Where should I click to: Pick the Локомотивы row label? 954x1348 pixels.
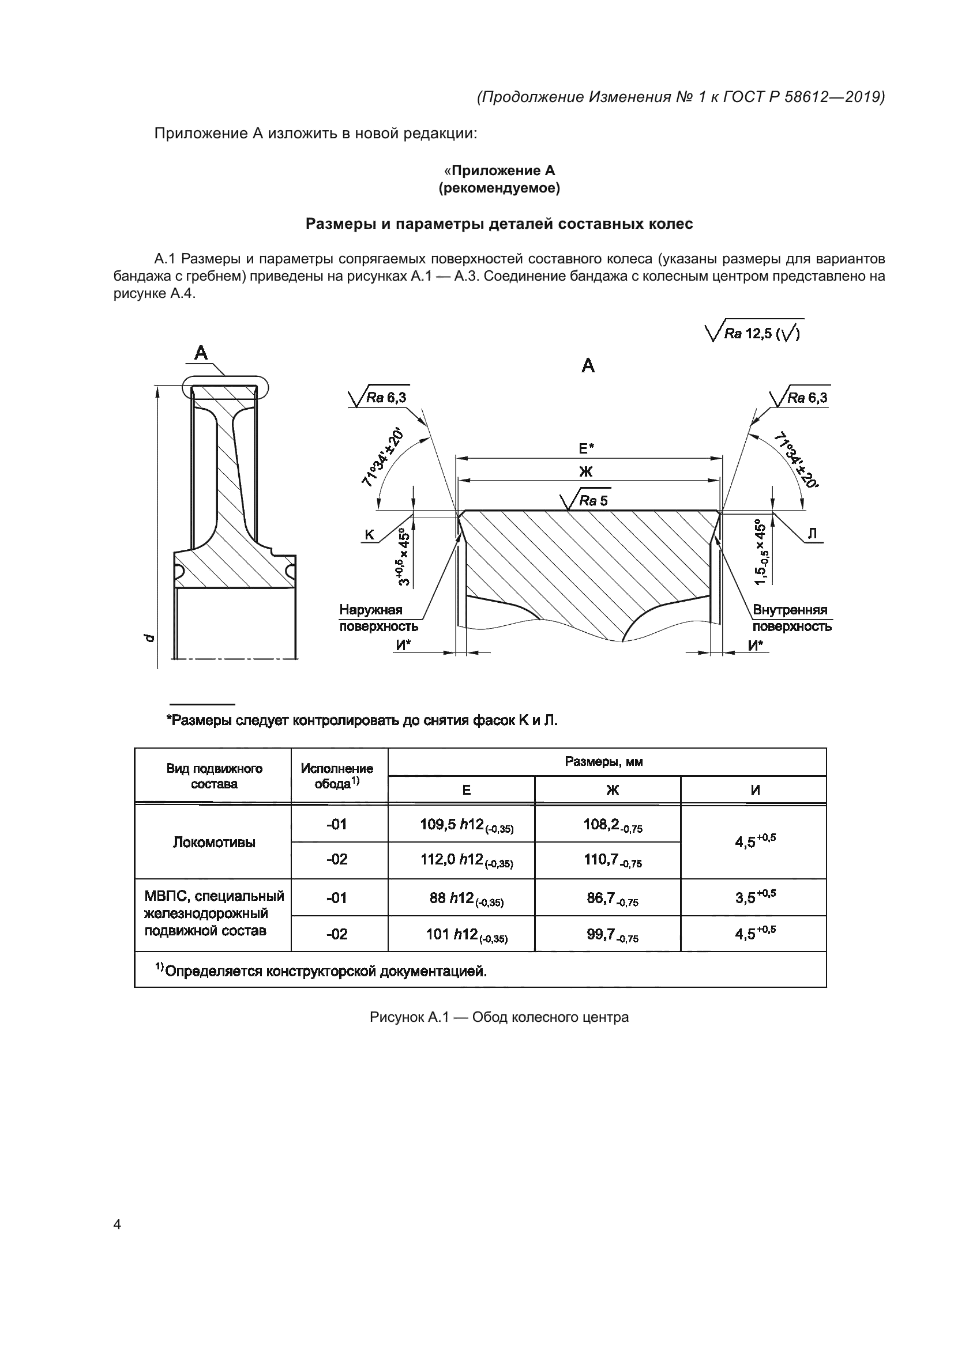213,842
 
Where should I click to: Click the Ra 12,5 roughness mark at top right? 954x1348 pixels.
755,333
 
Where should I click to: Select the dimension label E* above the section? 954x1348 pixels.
585,448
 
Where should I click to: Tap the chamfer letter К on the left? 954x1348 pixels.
369,535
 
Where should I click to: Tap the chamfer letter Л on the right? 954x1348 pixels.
813,534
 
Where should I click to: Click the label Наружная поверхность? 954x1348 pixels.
378,618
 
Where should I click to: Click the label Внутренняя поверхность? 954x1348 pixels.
791,618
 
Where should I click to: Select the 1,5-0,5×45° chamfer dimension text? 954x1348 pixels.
761,552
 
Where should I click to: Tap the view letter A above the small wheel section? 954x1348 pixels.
201,353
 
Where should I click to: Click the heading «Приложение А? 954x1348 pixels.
499,170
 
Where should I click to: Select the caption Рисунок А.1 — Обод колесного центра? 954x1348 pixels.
499,1017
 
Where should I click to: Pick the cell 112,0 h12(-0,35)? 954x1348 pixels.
461,860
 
